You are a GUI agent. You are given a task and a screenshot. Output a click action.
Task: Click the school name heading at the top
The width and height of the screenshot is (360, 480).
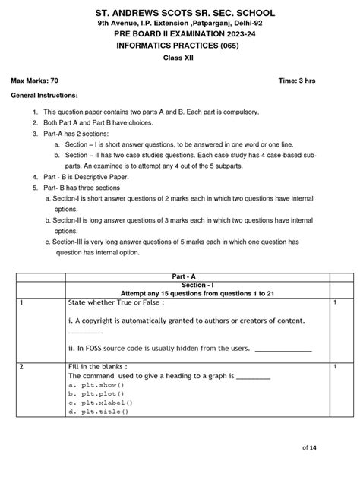pyautogui.click(x=180, y=14)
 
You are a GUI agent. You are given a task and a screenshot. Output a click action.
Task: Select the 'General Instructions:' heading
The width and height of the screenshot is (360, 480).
pyautogui.click(x=43, y=97)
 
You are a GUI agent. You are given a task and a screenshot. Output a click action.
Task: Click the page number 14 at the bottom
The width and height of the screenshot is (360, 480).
pyautogui.click(x=333, y=448)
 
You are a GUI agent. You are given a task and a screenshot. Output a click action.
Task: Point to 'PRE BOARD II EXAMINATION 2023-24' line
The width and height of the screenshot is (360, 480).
pyautogui.click(x=180, y=35)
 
